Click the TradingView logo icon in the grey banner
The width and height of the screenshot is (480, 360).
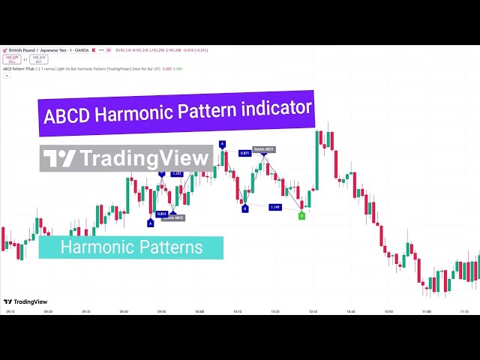coord(59,158)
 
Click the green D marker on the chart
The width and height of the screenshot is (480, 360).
coord(301,216)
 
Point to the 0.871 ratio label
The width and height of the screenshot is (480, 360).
coord(244,153)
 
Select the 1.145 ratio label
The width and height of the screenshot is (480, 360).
coord(274,207)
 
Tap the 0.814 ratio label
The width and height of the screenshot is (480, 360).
coord(162,214)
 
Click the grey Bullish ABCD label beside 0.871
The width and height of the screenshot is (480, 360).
coord(263,150)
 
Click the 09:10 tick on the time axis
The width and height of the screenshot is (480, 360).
coord(10,311)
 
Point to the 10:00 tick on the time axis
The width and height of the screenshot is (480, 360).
coord(199,311)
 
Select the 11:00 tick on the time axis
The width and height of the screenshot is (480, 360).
coord(427,311)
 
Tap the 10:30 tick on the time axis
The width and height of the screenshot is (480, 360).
coord(313,311)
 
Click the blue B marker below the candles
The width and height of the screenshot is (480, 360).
coord(244,208)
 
